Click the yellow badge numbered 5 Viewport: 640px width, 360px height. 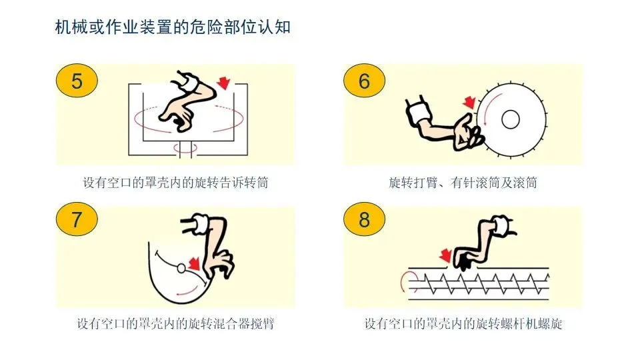coord(77,81)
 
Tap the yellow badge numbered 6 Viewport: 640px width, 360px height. coord(365,81)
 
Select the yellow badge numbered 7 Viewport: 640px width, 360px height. coord(77,219)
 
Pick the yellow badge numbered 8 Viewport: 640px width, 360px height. coord(365,219)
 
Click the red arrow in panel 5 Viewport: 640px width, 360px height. coord(223,83)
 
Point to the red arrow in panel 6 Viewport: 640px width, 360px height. coord(470,103)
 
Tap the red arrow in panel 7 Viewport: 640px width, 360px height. coord(194,263)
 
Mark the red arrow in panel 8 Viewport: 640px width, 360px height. coord(445,255)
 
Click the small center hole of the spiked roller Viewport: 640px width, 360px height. coord(510,119)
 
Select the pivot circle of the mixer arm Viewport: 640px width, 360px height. coord(181,268)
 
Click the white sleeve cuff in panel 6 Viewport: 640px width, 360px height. coord(419,111)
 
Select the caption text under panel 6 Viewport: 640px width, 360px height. coord(463,183)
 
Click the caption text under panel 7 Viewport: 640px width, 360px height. coord(175,324)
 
